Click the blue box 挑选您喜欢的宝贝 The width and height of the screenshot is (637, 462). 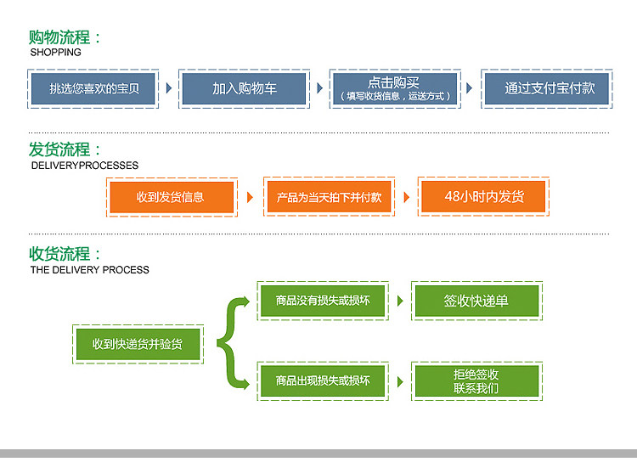click(x=93, y=88)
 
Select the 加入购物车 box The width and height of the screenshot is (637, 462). click(x=244, y=88)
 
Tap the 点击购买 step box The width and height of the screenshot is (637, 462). click(x=395, y=88)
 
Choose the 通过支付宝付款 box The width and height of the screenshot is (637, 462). click(x=546, y=88)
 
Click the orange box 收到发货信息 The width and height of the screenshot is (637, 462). click(x=172, y=197)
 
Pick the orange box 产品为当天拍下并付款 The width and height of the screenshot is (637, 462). click(x=329, y=197)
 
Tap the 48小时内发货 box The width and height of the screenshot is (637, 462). click(x=483, y=197)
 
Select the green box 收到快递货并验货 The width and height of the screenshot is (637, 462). click(x=138, y=344)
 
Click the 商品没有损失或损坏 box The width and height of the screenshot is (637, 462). click(x=323, y=301)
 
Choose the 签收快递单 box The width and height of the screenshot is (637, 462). click(x=476, y=301)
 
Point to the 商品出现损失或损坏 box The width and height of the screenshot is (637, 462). click(x=323, y=381)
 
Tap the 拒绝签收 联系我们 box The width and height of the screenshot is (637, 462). click(x=476, y=381)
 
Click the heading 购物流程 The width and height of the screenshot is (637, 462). click(x=59, y=37)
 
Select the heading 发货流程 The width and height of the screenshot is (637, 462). click(x=59, y=149)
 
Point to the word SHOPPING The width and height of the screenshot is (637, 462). click(x=56, y=53)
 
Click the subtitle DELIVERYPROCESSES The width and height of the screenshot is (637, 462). click(x=85, y=166)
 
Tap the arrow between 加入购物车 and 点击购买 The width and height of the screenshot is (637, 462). click(x=319, y=88)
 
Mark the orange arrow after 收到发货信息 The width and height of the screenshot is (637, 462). click(x=250, y=198)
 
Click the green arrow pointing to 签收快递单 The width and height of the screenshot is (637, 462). click(x=400, y=301)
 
